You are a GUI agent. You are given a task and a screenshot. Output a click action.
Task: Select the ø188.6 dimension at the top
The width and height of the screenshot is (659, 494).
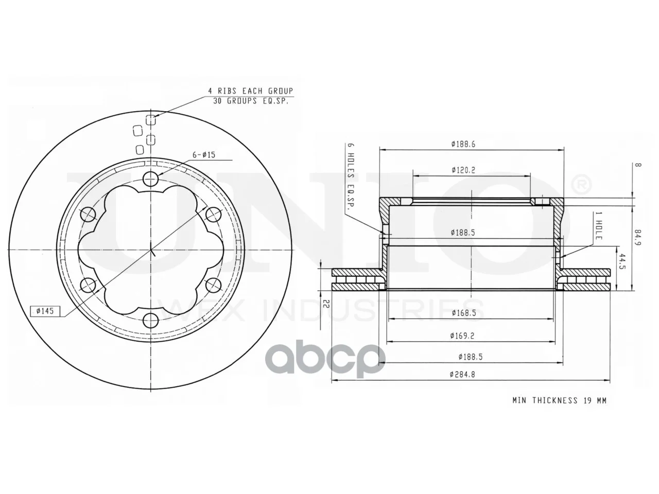463,144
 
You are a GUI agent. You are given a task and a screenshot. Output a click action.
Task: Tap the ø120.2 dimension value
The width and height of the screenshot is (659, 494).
463,170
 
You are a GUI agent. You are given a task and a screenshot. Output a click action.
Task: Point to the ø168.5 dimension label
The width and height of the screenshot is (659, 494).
463,313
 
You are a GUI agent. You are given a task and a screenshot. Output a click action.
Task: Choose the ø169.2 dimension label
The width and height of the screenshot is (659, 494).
462,336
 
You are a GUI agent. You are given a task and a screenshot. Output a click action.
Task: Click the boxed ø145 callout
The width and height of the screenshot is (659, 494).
45,311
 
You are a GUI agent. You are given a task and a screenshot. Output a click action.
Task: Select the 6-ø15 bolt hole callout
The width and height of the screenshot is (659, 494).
204,155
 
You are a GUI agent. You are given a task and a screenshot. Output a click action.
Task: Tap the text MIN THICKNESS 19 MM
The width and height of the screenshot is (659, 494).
559,400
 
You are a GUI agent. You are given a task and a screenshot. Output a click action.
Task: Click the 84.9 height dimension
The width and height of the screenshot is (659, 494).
638,238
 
